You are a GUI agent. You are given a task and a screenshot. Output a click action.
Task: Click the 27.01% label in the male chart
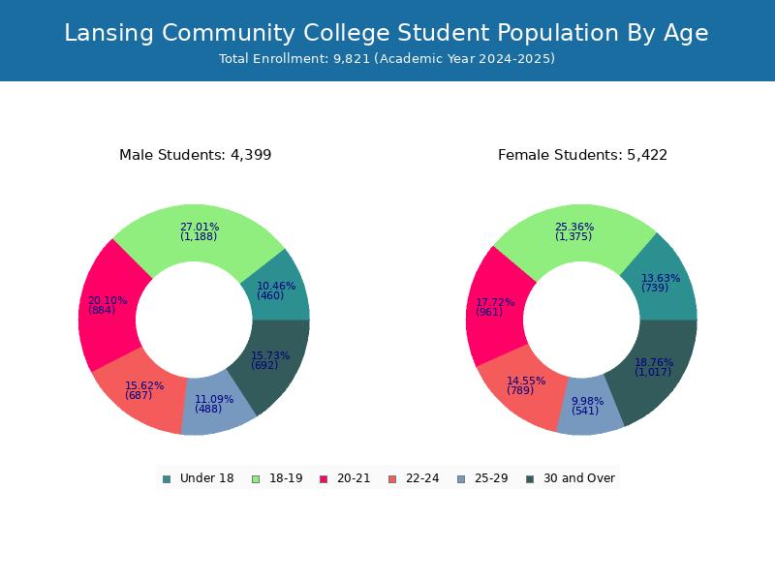pos(200,227)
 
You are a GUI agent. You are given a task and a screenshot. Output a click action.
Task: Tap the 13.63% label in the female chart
pos(661,278)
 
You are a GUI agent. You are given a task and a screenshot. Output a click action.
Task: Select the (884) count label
pos(102,310)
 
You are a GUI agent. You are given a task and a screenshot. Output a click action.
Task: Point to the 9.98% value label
pos(588,401)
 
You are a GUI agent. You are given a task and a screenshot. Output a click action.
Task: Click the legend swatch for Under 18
pos(167,479)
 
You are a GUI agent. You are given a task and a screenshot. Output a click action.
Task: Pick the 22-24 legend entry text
pos(422,478)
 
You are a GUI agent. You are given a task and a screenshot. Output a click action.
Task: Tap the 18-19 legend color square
pos(256,479)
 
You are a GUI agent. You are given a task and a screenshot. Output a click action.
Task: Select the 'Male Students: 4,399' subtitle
pos(196,155)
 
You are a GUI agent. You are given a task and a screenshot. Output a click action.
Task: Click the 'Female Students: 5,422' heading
pos(583,155)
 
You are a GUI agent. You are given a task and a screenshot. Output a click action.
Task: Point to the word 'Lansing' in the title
pos(108,34)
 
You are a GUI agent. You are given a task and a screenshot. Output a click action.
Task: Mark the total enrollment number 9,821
pos(352,59)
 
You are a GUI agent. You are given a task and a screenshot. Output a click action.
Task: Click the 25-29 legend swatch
pos(461,479)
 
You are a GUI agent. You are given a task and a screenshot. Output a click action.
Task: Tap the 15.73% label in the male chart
pos(270,355)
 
